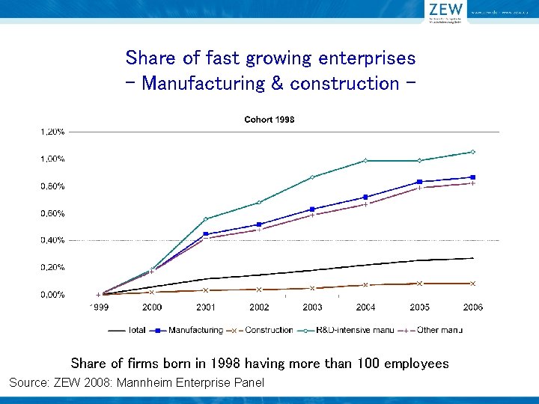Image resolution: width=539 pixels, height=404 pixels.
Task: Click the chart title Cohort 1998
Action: pos(269,120)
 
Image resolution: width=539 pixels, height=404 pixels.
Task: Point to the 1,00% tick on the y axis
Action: pos(52,159)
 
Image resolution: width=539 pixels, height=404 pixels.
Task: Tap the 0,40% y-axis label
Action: pos(52,240)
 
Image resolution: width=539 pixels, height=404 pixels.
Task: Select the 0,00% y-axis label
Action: pos(52,295)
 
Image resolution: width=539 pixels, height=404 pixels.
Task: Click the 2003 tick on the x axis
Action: pos(312,307)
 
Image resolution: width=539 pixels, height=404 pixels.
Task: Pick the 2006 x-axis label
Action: pos(472,307)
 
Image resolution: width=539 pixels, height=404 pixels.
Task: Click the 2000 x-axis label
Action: pos(152,307)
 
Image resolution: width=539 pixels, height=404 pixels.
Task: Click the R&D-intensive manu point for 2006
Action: pos(472,152)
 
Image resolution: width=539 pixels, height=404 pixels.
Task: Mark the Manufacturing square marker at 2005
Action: pos(419,182)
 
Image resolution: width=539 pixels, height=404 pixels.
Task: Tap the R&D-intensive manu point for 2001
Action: pos(206,219)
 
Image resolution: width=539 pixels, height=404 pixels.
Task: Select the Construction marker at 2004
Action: pos(365,285)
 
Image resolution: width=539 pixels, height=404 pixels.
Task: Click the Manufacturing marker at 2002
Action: pos(259,224)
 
